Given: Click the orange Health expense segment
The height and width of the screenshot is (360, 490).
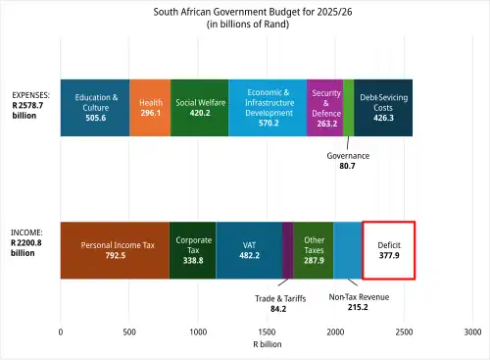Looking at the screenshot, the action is pyautogui.click(x=150, y=108).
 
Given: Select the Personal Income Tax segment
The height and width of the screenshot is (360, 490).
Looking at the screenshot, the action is pyautogui.click(x=115, y=250).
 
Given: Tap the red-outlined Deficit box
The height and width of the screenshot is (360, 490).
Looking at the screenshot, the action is pyautogui.click(x=389, y=250).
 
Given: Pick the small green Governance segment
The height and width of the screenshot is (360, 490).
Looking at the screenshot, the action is pyautogui.click(x=349, y=108).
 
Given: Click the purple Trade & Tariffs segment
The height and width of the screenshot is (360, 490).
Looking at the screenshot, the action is pyautogui.click(x=288, y=250).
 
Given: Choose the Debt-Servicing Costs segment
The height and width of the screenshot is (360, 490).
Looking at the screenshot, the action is pyautogui.click(x=383, y=108).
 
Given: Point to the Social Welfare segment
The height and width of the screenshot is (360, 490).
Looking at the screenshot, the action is pyautogui.click(x=200, y=108).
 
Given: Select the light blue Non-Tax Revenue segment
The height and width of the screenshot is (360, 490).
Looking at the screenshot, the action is pyautogui.click(x=348, y=250).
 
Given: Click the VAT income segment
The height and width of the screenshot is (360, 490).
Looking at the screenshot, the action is pyautogui.click(x=249, y=250).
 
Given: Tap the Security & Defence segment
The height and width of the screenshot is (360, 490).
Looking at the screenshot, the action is pyautogui.click(x=325, y=108).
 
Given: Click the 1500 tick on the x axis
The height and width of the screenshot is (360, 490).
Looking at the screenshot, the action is pyautogui.click(x=267, y=332).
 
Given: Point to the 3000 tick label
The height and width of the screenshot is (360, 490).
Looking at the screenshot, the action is pyautogui.click(x=472, y=332).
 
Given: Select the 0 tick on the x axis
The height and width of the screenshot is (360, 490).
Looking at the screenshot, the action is pyautogui.click(x=61, y=332).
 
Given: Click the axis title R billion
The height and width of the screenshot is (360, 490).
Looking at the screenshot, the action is pyautogui.click(x=268, y=344).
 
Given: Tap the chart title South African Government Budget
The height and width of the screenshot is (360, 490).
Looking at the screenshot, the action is pyautogui.click(x=253, y=12).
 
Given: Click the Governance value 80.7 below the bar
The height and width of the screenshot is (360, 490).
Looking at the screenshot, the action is pyautogui.click(x=347, y=166).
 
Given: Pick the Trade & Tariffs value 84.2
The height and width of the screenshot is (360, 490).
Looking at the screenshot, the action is pyautogui.click(x=278, y=309).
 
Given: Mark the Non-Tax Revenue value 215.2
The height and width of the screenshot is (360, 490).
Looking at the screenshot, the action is pyautogui.click(x=358, y=307).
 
